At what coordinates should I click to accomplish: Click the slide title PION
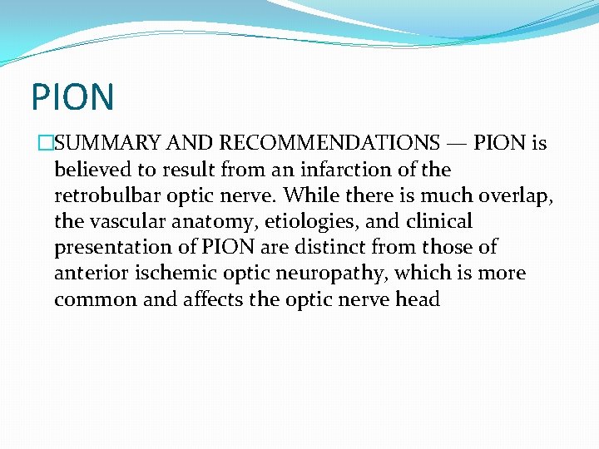tap(72, 96)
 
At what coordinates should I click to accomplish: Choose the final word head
tap(417, 299)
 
